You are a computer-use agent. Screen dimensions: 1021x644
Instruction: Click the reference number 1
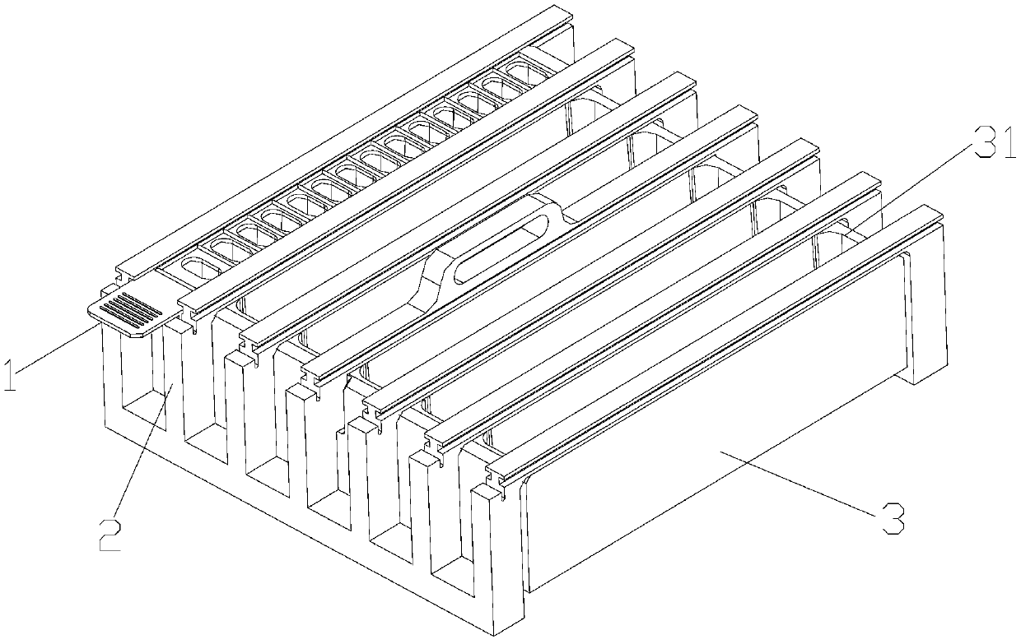(11, 374)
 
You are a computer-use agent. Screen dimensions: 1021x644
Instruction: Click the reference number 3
(892, 519)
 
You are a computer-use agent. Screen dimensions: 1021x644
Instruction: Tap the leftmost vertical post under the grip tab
(112, 378)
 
